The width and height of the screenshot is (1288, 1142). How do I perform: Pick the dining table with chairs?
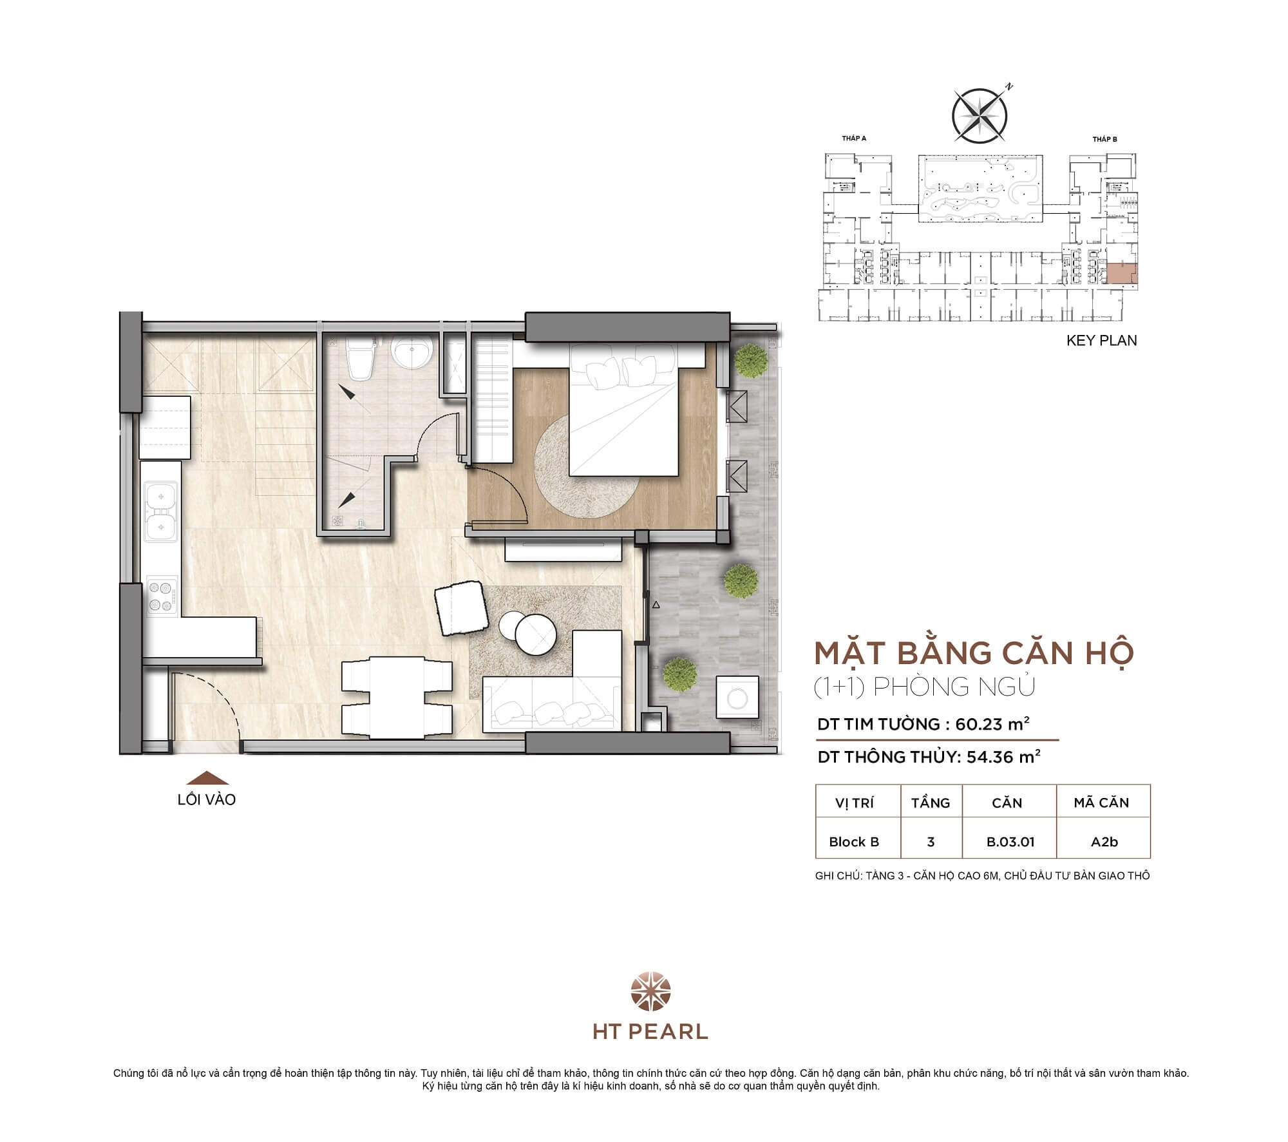point(396,697)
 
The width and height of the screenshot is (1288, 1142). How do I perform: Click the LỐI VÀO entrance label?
point(207,799)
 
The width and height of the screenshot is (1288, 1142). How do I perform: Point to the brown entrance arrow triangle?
point(207,777)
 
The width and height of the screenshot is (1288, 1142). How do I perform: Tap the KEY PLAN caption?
point(1101,341)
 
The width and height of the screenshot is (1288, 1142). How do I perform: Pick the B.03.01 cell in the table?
point(1010,842)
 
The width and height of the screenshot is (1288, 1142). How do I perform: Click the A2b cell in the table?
point(1104,842)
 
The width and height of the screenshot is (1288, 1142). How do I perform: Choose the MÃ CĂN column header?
point(1101,803)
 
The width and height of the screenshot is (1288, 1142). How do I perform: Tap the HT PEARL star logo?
point(650,993)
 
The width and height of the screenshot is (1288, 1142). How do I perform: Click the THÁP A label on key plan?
point(854,138)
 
